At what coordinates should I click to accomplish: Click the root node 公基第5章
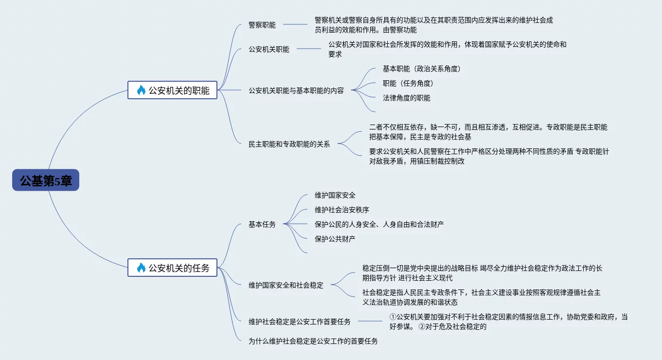pyautogui.click(x=46, y=180)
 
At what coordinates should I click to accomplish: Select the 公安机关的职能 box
pyautogui.click(x=172, y=90)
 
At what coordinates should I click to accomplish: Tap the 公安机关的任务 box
pyautogui.click(x=172, y=268)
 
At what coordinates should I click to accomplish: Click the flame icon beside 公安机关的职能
pyautogui.click(x=141, y=90)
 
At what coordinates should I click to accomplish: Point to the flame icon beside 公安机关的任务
pyautogui.click(x=141, y=268)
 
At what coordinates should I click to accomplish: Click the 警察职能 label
pyautogui.click(x=262, y=25)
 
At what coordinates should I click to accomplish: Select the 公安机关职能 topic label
pyautogui.click(x=268, y=49)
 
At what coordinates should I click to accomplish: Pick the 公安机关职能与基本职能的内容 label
pyautogui.click(x=296, y=90)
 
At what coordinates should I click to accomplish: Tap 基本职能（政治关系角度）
pyautogui.click(x=421, y=69)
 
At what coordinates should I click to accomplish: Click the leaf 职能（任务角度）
pyautogui.click(x=408, y=83)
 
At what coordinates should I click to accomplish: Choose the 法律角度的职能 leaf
pyautogui.click(x=406, y=98)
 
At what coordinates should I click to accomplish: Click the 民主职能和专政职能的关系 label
pyautogui.click(x=289, y=144)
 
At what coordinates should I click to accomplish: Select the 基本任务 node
pyautogui.click(x=262, y=224)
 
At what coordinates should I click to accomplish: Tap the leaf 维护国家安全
pyautogui.click(x=335, y=195)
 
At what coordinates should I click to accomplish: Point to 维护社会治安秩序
pyautogui.click(x=341, y=210)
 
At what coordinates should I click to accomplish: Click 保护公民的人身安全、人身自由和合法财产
pyautogui.click(x=379, y=224)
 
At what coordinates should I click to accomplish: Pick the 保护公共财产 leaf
pyautogui.click(x=335, y=239)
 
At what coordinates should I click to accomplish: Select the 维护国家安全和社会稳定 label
pyautogui.click(x=286, y=285)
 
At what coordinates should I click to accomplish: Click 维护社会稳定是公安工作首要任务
pyautogui.click(x=299, y=322)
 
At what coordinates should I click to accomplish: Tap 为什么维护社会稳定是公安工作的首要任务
pyautogui.click(x=313, y=341)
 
